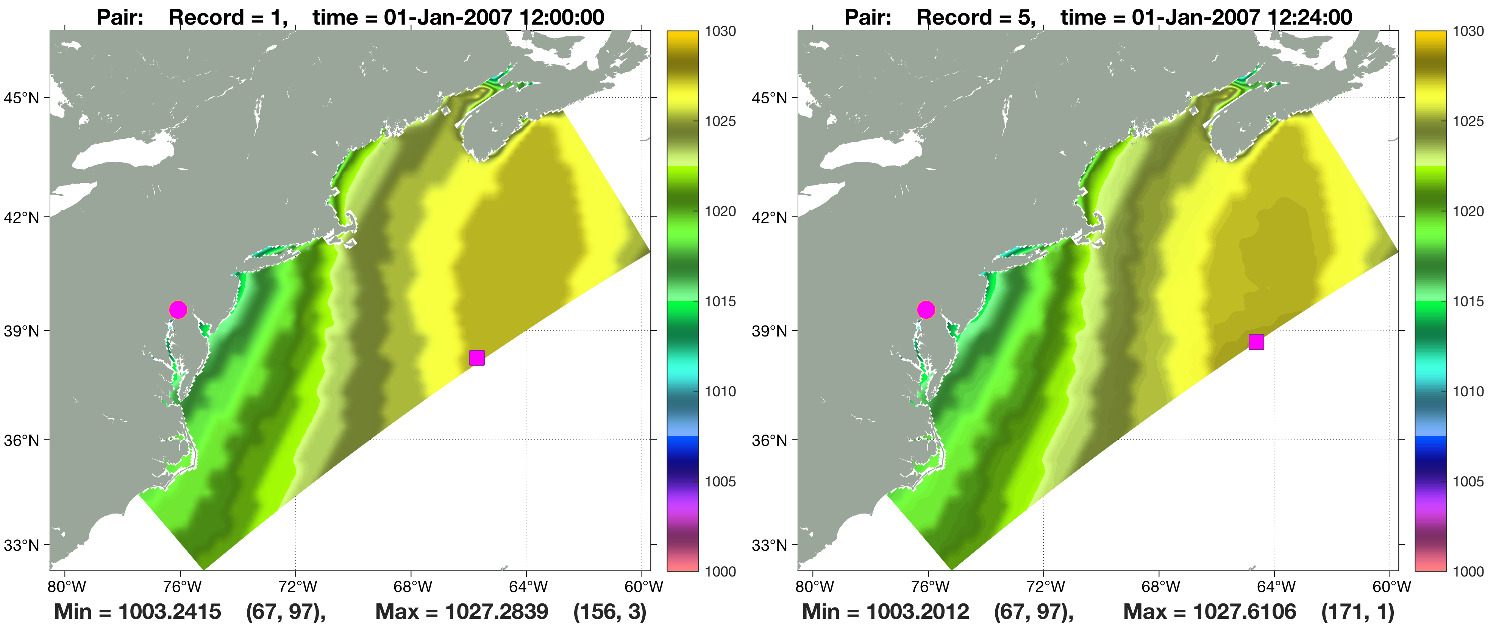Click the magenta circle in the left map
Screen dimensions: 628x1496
pyautogui.click(x=178, y=310)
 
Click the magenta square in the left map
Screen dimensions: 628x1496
pyautogui.click(x=477, y=358)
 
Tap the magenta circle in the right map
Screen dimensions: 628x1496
pyautogui.click(x=926, y=310)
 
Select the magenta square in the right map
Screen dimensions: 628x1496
pyautogui.click(x=1256, y=342)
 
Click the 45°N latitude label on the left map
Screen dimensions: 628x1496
pyautogui.click(x=22, y=98)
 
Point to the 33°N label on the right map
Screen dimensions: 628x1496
pyautogui.click(x=770, y=545)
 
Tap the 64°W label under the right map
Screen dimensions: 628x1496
pyautogui.click(x=1276, y=587)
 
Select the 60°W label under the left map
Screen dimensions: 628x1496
pyautogui.click(x=643, y=587)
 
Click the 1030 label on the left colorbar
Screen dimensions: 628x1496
pyautogui.click(x=720, y=31)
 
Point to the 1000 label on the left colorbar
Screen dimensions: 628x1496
pyautogui.click(x=720, y=572)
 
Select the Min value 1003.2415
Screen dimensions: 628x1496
pyautogui.click(x=170, y=612)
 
